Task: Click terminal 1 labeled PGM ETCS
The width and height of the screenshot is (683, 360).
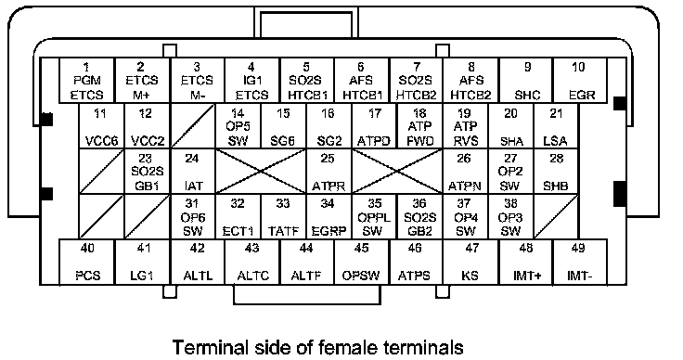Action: coord(86,81)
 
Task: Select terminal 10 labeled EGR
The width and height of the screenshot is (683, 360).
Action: coord(580,81)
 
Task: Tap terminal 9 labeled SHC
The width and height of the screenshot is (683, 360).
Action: coord(526,81)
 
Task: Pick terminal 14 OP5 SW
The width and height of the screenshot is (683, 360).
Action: coord(238,126)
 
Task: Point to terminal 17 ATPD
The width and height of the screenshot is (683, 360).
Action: coord(374,126)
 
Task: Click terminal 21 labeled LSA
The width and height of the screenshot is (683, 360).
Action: coord(556,126)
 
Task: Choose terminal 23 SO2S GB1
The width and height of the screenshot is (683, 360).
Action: coord(148,171)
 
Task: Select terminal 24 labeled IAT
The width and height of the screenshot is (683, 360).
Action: coord(192,171)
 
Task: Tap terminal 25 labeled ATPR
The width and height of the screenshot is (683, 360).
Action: coord(329,171)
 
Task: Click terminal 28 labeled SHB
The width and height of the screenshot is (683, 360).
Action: coord(556,171)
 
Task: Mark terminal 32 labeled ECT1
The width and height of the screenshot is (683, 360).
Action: coord(238,216)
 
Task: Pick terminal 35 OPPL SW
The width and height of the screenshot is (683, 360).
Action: coord(374,216)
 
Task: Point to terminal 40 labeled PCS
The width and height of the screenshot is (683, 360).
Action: coord(86,262)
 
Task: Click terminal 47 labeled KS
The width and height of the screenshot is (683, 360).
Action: coord(470,262)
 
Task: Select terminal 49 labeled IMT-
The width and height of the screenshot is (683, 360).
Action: coord(580,262)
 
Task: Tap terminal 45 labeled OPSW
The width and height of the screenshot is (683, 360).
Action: coord(361,262)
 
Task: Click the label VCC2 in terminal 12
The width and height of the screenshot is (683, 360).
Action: coord(148,141)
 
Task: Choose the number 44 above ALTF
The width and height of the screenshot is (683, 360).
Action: coord(306,248)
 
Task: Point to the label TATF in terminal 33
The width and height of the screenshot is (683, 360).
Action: coord(283,231)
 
